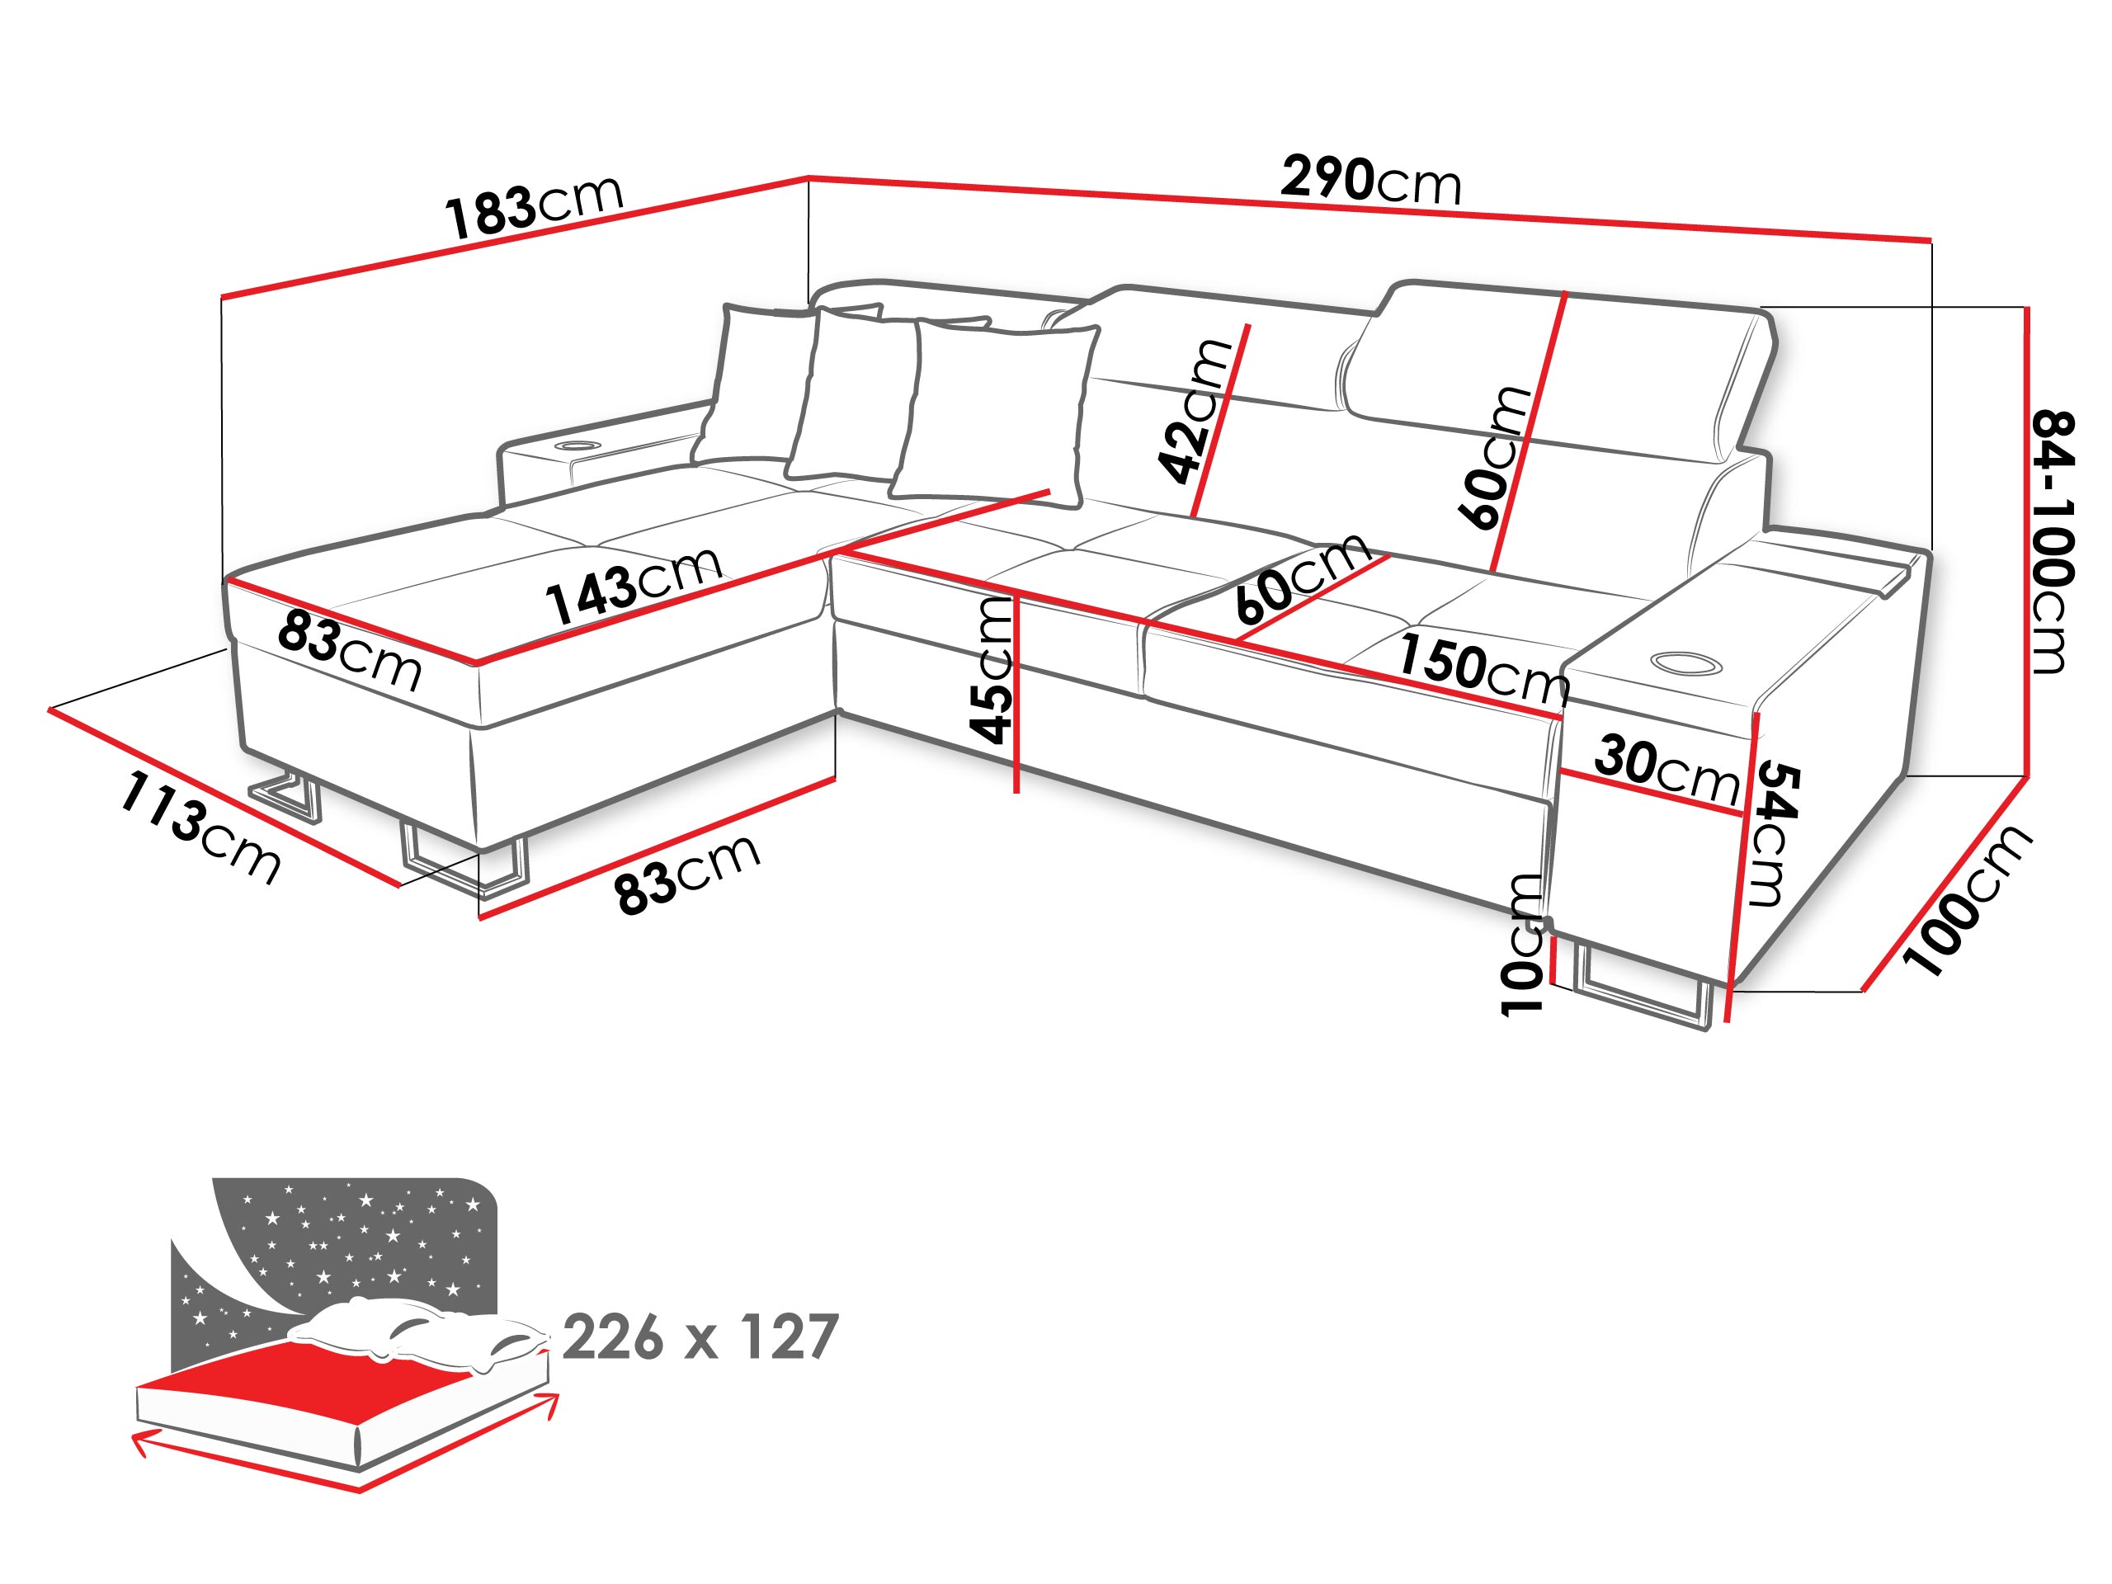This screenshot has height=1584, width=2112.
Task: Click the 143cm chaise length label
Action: (x=633, y=585)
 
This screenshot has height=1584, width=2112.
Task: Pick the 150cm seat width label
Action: (x=1483, y=667)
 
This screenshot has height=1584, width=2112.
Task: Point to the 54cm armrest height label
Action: (x=1774, y=832)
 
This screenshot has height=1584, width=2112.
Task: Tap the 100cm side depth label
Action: (x=1967, y=899)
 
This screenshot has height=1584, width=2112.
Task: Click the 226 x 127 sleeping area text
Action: (x=700, y=1337)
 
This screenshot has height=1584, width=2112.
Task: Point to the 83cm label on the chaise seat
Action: (x=350, y=652)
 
